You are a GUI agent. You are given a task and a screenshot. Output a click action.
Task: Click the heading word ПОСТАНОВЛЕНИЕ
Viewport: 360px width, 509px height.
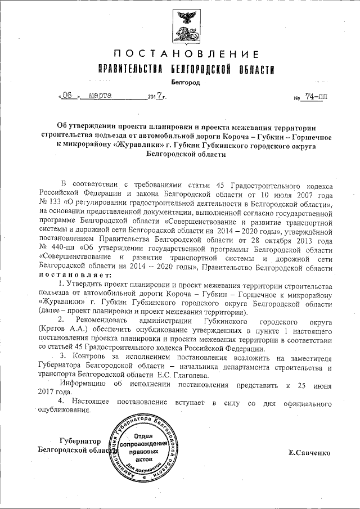[x=186, y=55]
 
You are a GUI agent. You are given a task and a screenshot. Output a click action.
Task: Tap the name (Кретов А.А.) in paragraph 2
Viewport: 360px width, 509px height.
[x=62, y=326]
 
